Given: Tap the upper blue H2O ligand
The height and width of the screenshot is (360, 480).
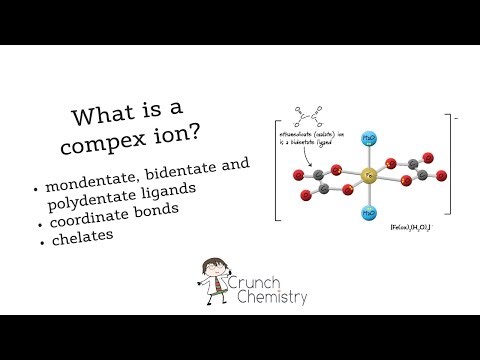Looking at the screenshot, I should [369, 135].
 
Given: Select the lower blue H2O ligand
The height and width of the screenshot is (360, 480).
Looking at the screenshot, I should [369, 212].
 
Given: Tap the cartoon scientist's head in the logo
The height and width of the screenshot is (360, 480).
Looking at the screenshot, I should [211, 274].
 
